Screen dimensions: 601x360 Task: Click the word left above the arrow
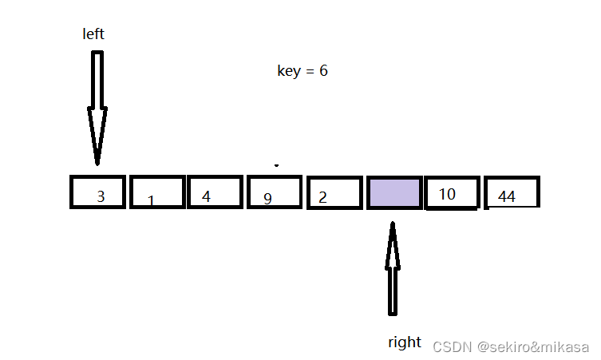click(93, 34)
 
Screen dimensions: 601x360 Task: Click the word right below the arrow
click(404, 342)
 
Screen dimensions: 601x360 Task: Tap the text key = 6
click(302, 71)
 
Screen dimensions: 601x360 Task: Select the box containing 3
click(98, 192)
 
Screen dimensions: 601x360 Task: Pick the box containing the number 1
click(157, 192)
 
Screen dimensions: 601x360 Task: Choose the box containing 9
click(275, 192)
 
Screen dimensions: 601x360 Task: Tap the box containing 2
click(334, 192)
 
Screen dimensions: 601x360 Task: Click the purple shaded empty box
click(394, 193)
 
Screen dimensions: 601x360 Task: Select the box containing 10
click(453, 192)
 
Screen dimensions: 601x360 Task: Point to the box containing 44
click(512, 192)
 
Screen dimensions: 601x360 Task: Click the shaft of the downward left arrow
click(97, 80)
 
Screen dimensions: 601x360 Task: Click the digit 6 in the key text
click(323, 71)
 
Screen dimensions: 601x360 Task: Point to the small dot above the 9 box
click(276, 166)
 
